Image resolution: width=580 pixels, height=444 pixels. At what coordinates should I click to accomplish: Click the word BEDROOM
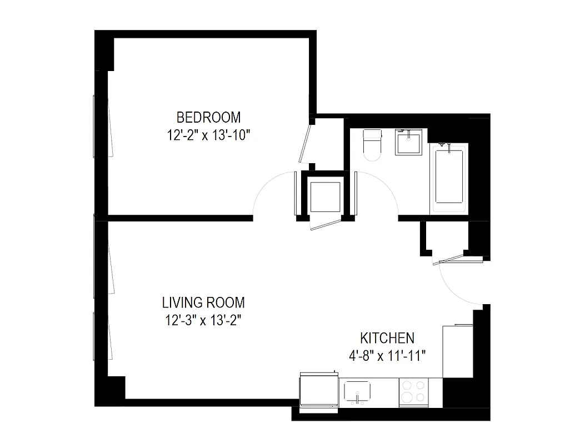click(208, 118)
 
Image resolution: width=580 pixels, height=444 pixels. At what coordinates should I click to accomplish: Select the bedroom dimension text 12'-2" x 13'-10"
click(209, 135)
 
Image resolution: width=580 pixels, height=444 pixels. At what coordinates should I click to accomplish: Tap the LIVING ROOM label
click(203, 303)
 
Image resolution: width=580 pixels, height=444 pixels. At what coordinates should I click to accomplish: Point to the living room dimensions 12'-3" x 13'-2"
click(203, 320)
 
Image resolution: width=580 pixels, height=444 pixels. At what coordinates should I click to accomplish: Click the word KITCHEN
click(387, 338)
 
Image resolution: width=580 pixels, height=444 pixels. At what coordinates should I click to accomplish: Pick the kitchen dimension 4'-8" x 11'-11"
click(387, 356)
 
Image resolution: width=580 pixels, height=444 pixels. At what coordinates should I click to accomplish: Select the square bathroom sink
click(409, 143)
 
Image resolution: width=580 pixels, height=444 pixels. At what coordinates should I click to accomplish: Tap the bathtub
click(449, 176)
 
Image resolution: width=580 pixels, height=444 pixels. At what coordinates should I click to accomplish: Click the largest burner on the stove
click(407, 397)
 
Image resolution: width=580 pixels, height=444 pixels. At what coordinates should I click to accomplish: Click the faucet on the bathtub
click(443, 145)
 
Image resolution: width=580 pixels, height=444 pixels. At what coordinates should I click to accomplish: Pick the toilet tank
click(371, 135)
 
